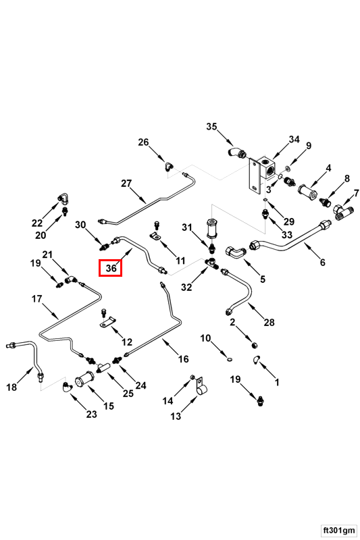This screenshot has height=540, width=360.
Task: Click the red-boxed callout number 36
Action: [111, 267]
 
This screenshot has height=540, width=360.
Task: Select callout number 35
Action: [211, 126]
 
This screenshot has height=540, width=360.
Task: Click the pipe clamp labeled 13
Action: [200, 387]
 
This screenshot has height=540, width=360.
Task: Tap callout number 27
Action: [126, 183]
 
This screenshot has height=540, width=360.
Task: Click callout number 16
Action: [183, 359]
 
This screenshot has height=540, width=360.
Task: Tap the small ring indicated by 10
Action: [230, 360]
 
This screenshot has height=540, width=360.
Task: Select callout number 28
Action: [269, 323]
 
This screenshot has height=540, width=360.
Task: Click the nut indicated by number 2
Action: [255, 344]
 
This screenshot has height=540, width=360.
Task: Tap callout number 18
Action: [11, 387]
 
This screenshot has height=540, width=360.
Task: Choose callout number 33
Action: [286, 234]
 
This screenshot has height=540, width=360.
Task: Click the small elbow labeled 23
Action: [67, 387]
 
